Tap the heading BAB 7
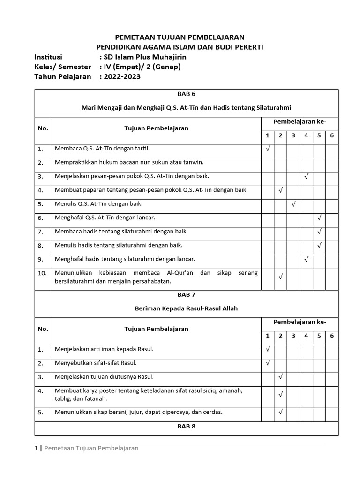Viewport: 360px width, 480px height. (x=187, y=295)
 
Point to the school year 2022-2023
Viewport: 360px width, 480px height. (x=122, y=76)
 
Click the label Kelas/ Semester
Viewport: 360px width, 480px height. (x=63, y=67)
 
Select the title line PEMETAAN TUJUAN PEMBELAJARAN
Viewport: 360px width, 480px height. (x=180, y=37)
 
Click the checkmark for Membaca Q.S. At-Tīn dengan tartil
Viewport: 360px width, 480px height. (x=268, y=149)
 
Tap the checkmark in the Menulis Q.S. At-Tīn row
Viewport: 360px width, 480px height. (x=293, y=204)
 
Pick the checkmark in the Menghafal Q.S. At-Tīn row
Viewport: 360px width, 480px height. (x=319, y=217)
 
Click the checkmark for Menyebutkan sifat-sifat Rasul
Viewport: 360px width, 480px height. (x=268, y=362)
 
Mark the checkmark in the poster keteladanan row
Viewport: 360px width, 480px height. (x=280, y=394)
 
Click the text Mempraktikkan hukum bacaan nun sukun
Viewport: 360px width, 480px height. (x=129, y=163)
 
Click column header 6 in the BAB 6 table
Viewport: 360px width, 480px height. (x=332, y=135)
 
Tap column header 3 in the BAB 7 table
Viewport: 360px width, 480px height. (x=293, y=336)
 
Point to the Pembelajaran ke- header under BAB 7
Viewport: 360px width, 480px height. (x=300, y=322)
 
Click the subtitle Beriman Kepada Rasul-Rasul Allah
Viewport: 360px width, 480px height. (x=187, y=308)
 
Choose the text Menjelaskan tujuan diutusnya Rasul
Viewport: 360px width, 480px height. (x=104, y=376)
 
